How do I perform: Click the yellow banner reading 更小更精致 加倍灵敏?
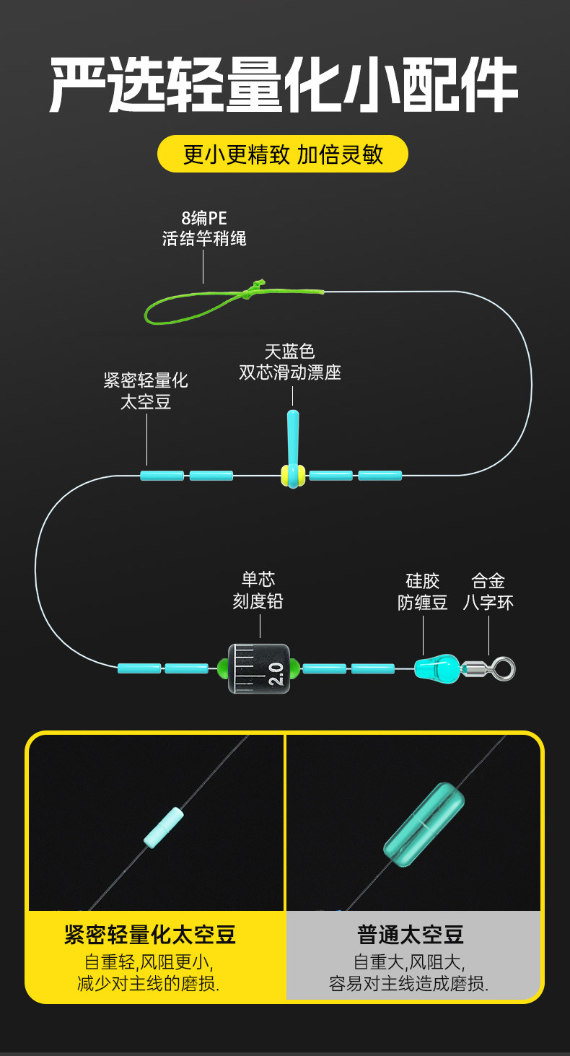coord(283,154)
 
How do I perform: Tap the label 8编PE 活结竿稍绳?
coord(204,228)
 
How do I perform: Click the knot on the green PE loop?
coord(253,290)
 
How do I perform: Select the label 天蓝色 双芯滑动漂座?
coord(290,362)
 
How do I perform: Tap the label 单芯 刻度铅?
coord(258,590)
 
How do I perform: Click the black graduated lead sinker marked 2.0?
coord(259,668)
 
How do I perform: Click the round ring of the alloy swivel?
coord(504,668)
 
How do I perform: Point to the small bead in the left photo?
coord(164,826)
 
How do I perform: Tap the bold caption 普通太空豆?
coord(411,935)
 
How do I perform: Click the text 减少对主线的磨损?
coord(149,983)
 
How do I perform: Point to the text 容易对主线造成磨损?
coord(409,983)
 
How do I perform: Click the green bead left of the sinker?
coord(223,668)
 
